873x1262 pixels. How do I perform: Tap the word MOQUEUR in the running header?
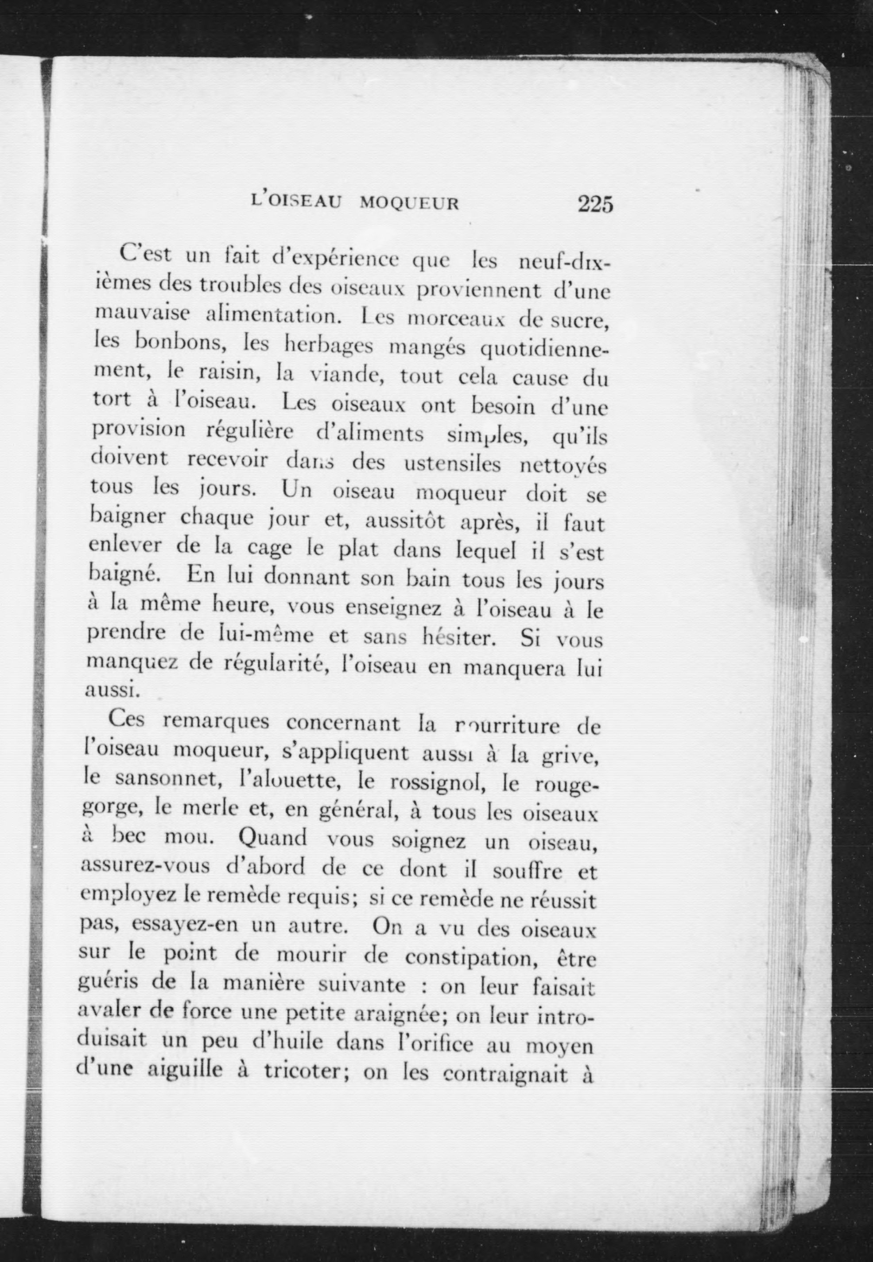point(409,203)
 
